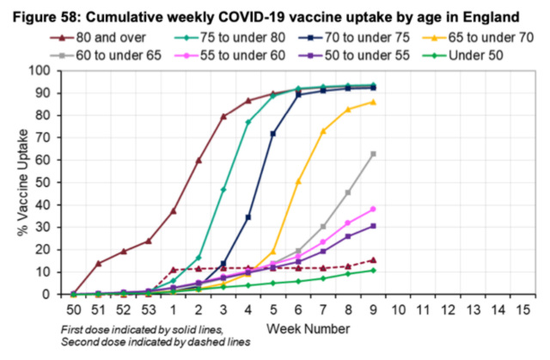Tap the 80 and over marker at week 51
(x=99, y=263)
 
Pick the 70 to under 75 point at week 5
(x=272, y=133)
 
